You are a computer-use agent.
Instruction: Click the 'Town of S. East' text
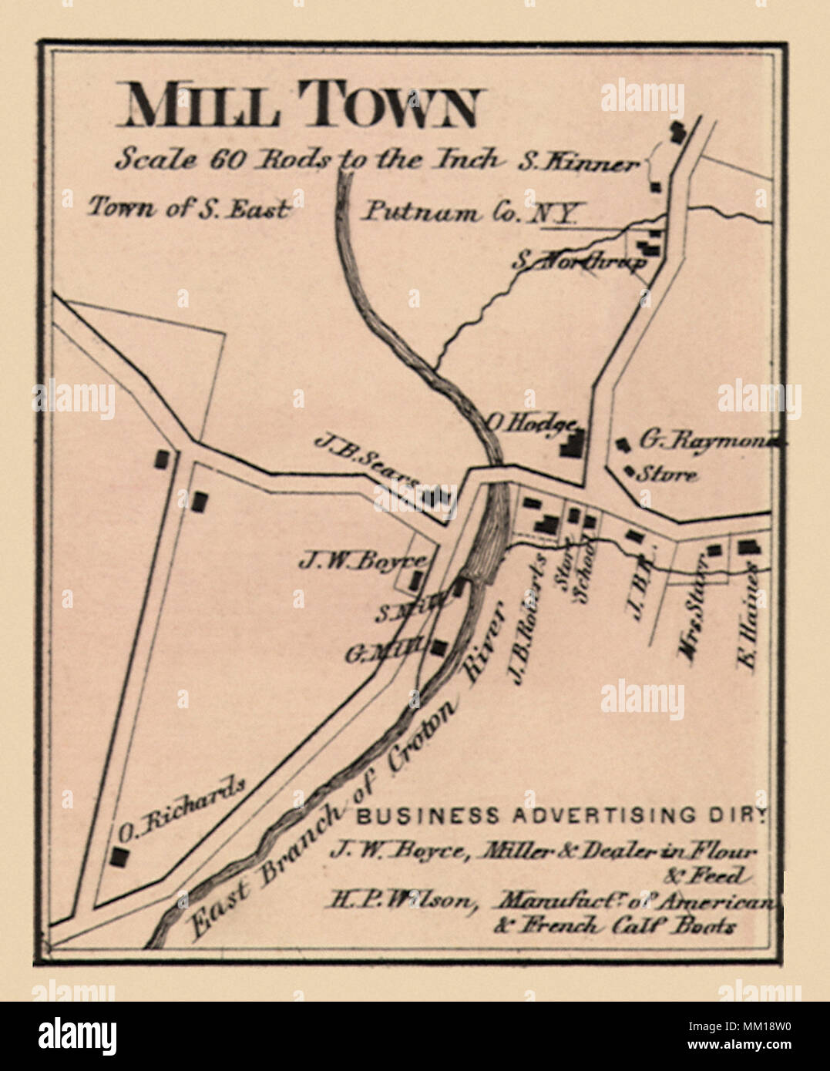[x=190, y=207]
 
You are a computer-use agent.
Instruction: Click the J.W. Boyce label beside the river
[x=361, y=561]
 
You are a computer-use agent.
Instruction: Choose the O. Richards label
[x=182, y=807]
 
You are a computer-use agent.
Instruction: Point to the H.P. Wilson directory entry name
[x=399, y=899]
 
